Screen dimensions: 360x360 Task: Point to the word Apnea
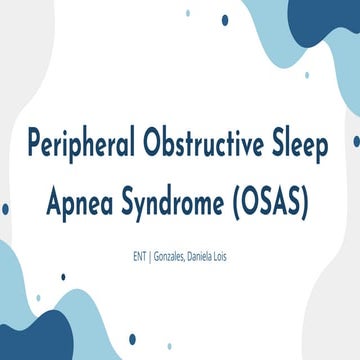click(x=83, y=205)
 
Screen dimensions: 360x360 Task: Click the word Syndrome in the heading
click(x=182, y=207)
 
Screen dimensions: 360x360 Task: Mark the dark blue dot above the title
click(x=225, y=19)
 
